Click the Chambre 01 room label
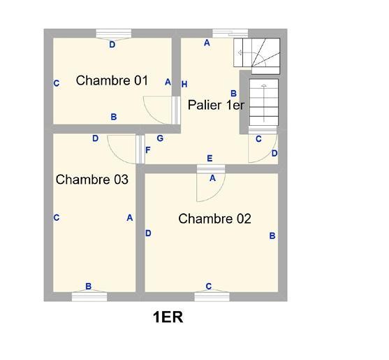click(112, 80)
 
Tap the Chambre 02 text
click(214, 219)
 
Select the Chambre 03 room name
click(91, 180)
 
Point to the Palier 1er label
click(216, 105)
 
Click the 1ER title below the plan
click(168, 318)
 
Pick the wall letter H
click(184, 85)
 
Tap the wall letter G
click(160, 138)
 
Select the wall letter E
click(210, 159)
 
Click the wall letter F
click(147, 150)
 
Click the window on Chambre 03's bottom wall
click(89, 296)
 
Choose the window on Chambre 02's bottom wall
click(212, 296)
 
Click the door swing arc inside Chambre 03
click(122, 145)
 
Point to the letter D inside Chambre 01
click(112, 44)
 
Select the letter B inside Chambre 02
click(272, 236)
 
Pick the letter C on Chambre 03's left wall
click(56, 217)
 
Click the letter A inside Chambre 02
click(212, 178)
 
